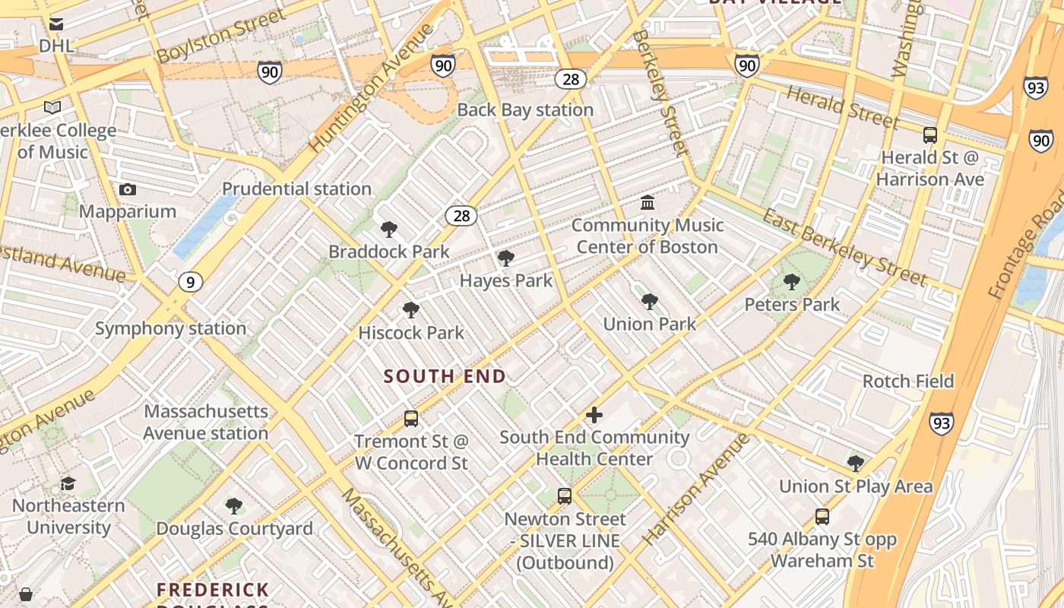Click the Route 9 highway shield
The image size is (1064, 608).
point(191,283)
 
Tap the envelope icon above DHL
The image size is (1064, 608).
point(56,24)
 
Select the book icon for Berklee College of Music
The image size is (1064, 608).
point(52,108)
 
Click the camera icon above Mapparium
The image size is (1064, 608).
point(128,189)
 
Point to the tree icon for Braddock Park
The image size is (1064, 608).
point(389,229)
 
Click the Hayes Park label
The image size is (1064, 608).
point(506,280)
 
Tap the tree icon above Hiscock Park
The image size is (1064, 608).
point(411,310)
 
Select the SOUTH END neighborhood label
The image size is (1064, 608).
point(445,376)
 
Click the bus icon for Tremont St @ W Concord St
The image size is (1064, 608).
point(411,418)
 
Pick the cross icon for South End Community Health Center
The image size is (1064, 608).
point(594,415)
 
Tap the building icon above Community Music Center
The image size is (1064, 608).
point(648,202)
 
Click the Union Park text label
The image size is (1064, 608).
point(649,324)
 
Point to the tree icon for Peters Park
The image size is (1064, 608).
point(792,282)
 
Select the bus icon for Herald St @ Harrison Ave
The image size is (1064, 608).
point(930,135)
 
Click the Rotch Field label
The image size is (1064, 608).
point(907,381)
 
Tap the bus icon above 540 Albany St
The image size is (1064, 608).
point(822,517)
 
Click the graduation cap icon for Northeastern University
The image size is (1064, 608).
point(68,483)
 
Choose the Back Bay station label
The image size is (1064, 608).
point(524,109)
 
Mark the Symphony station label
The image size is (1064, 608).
point(170,328)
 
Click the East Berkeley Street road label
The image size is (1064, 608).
point(845,247)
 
